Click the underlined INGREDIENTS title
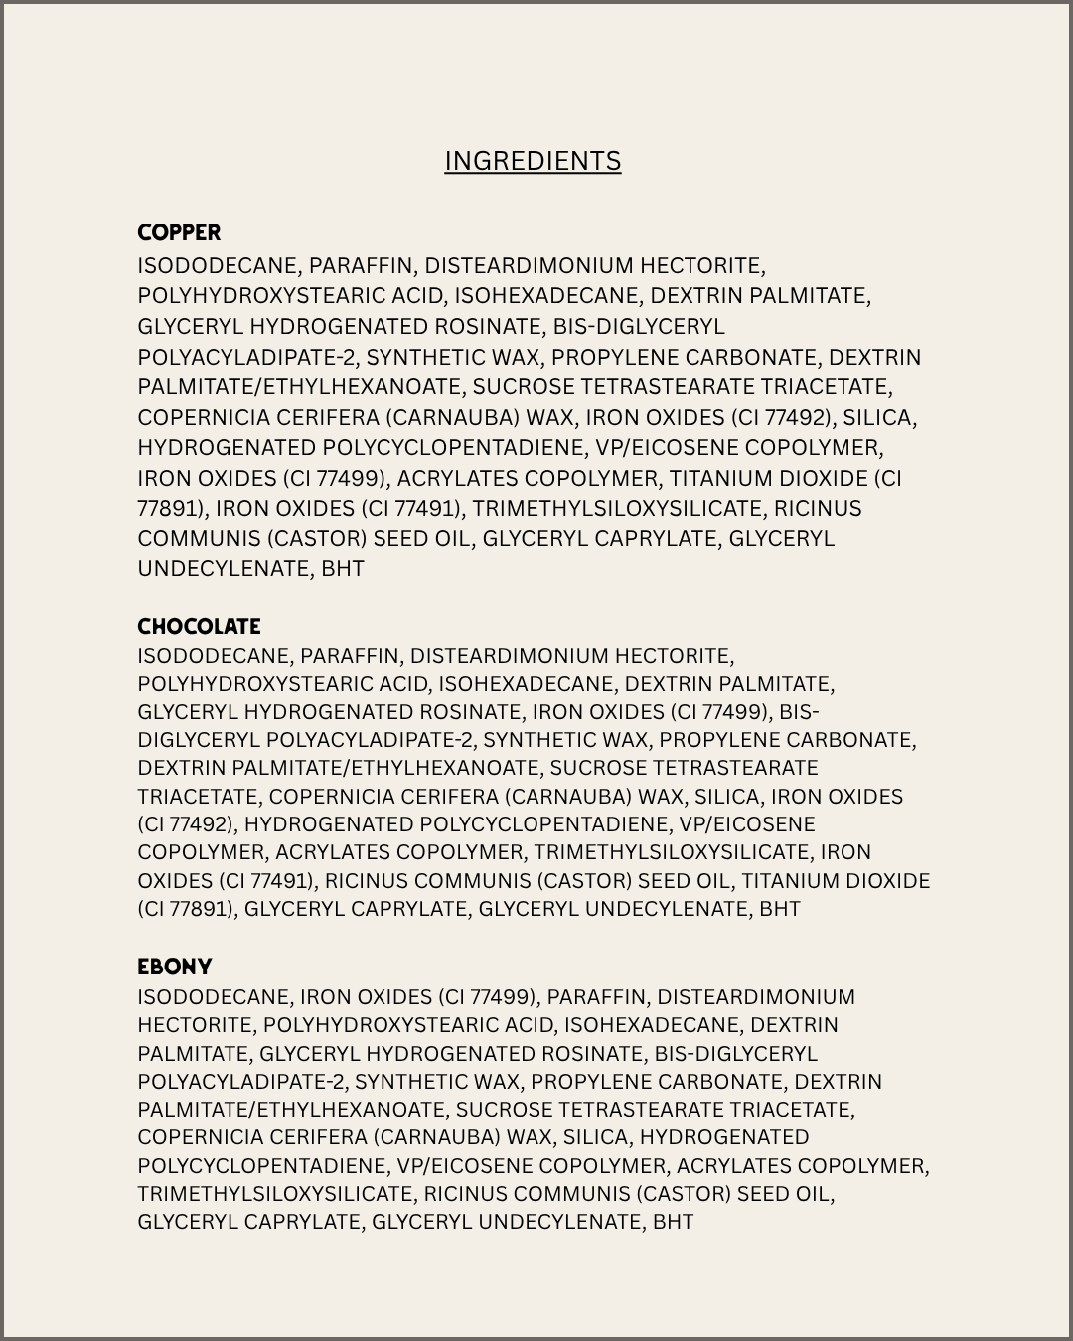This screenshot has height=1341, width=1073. coord(533,161)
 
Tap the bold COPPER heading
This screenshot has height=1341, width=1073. coord(179,232)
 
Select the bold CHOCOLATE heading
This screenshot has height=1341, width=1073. coord(199,626)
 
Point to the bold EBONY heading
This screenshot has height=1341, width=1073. coord(175,967)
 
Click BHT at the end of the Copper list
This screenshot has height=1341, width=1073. coord(343,569)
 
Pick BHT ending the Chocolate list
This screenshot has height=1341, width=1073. coord(779,909)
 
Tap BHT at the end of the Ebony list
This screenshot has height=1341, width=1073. coord(673,1222)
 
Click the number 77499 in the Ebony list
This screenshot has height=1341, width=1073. coord(501,997)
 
